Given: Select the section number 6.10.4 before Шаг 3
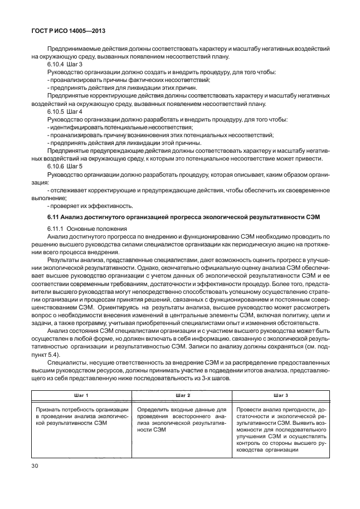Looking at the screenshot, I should coord(56,65).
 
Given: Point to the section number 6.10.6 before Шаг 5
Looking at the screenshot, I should coord(56,166).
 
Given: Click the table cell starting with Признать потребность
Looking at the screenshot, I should coord(81,416).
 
